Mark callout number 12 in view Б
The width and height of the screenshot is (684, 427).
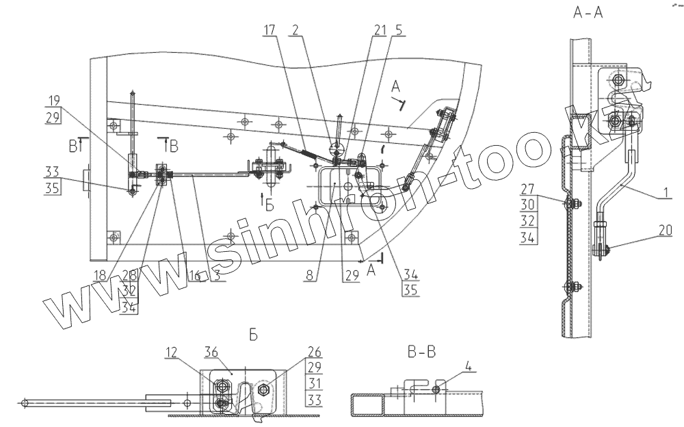[171, 352]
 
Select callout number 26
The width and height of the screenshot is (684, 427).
[314, 353]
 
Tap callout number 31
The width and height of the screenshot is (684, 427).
[314, 383]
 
